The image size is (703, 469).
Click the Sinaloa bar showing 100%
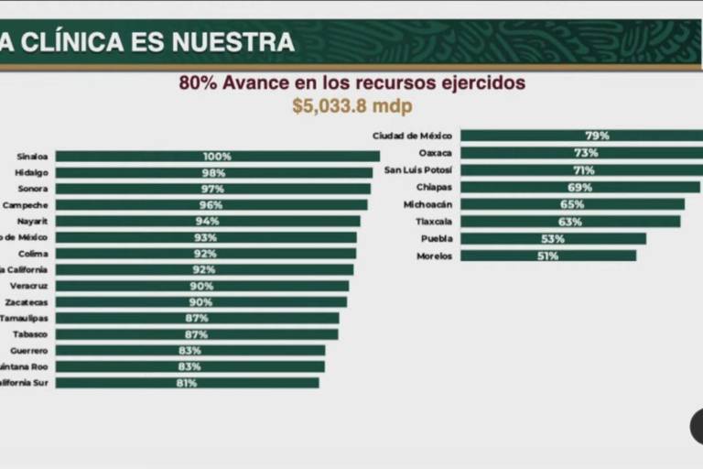pos(217,157)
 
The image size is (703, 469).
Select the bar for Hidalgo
pos(213,173)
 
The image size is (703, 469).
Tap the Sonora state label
pos(35,189)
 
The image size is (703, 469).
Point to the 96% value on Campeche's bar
pos(211,205)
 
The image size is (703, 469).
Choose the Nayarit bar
pos(208,222)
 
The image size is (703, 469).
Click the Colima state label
pos(35,254)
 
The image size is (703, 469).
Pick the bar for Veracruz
pos(201,286)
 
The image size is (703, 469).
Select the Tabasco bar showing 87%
pos(197,334)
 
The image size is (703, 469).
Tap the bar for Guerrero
pos(189,351)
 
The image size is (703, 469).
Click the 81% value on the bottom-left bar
pos(187,383)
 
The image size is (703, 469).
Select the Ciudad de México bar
pos(581,136)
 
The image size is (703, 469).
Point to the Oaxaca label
pos(435,153)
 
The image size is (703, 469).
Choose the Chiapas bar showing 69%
pos(579,187)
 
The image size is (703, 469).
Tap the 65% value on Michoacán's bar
pos(572,204)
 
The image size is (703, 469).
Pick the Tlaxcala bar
pos(569,222)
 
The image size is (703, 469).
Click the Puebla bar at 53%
pos(553,238)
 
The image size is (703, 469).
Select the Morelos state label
pos(434,256)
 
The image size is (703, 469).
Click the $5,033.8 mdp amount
pos(351,105)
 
